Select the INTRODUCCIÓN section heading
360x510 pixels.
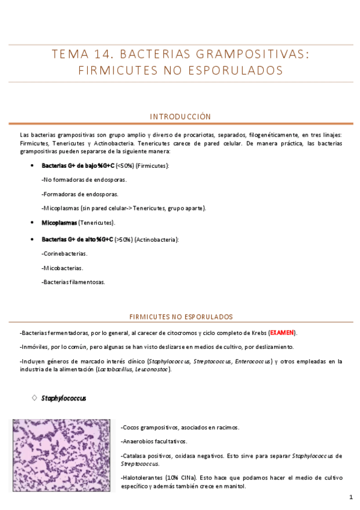(180, 116)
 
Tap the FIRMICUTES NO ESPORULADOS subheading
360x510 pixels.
(181, 316)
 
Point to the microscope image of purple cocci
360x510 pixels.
(61, 455)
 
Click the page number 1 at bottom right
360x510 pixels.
(350, 498)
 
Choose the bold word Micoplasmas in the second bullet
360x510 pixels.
(59, 223)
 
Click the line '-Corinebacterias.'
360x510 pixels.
(64, 254)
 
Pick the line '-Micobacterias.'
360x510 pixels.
(63, 268)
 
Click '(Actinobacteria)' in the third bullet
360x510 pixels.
(156, 239)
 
